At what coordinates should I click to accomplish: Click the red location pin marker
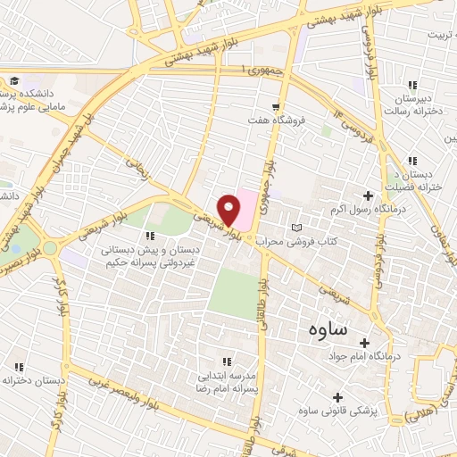(x=229, y=211)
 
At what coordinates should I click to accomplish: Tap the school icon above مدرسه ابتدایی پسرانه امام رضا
(x=227, y=361)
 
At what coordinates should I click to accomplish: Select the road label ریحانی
(x=137, y=165)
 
